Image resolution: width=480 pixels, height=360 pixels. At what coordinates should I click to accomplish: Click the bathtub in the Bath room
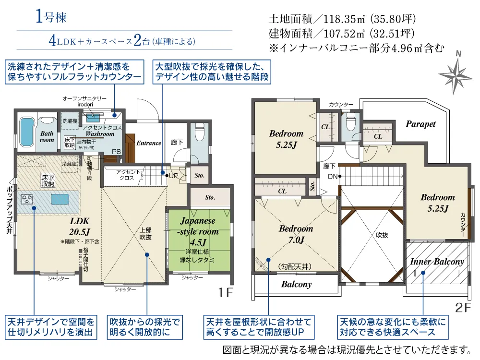[26, 132]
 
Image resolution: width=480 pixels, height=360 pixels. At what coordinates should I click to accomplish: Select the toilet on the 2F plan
[350, 121]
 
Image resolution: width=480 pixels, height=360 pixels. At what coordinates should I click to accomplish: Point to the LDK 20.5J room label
[79, 227]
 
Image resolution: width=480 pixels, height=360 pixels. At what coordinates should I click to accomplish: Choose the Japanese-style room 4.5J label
[198, 231]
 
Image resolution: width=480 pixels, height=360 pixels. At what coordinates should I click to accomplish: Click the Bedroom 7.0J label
[296, 234]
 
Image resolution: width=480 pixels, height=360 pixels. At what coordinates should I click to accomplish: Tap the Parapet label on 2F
[420, 124]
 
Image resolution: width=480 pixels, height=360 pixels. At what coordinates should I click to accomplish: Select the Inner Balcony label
[437, 262]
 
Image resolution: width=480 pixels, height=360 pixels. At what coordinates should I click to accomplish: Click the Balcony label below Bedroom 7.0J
[296, 284]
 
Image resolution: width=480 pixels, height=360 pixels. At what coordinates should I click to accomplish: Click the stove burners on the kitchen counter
[26, 200]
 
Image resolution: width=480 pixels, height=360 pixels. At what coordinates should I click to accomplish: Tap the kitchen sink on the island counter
[60, 199]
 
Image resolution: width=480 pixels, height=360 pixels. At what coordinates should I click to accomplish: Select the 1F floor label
[226, 293]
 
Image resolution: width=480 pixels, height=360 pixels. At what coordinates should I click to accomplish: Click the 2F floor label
[463, 307]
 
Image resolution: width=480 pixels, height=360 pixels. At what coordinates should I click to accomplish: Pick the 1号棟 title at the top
[51, 16]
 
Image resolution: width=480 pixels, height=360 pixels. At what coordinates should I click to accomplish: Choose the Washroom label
[100, 134]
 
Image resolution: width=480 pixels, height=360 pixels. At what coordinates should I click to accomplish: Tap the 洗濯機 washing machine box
[70, 121]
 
